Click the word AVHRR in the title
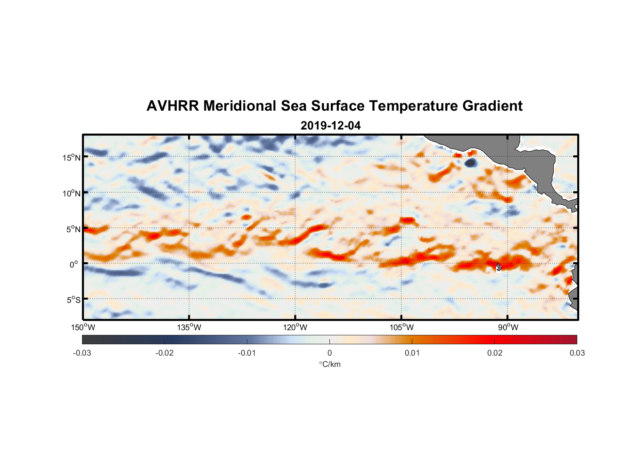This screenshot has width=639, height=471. (172, 106)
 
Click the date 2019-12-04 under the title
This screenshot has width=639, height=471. (330, 126)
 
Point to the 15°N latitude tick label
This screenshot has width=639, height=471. (72, 157)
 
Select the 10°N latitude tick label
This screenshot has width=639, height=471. (72, 193)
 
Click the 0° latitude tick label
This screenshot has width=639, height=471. (74, 264)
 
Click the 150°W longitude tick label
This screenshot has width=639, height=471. (83, 327)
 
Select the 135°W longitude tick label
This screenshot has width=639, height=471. (189, 327)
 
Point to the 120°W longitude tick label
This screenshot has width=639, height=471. (295, 327)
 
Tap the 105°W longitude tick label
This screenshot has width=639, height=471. (401, 327)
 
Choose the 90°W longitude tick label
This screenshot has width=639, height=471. (508, 327)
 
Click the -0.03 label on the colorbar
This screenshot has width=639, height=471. (82, 353)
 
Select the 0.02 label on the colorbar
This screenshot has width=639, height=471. (494, 353)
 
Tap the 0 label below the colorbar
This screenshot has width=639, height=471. (329, 353)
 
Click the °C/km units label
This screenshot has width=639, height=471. (329, 364)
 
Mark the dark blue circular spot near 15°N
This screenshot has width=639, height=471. (470, 162)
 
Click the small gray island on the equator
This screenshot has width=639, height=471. (499, 267)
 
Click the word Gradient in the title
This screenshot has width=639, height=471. (492, 106)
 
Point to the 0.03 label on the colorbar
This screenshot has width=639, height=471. (577, 353)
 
